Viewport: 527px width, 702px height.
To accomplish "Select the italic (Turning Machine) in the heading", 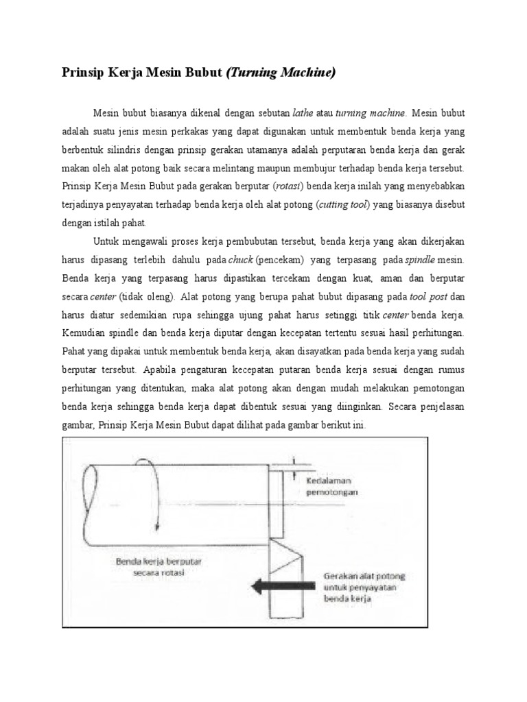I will coord(281,73).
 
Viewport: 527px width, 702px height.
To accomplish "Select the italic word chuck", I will coord(242,261).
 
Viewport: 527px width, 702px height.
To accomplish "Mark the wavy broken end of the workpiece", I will coord(87,504).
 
